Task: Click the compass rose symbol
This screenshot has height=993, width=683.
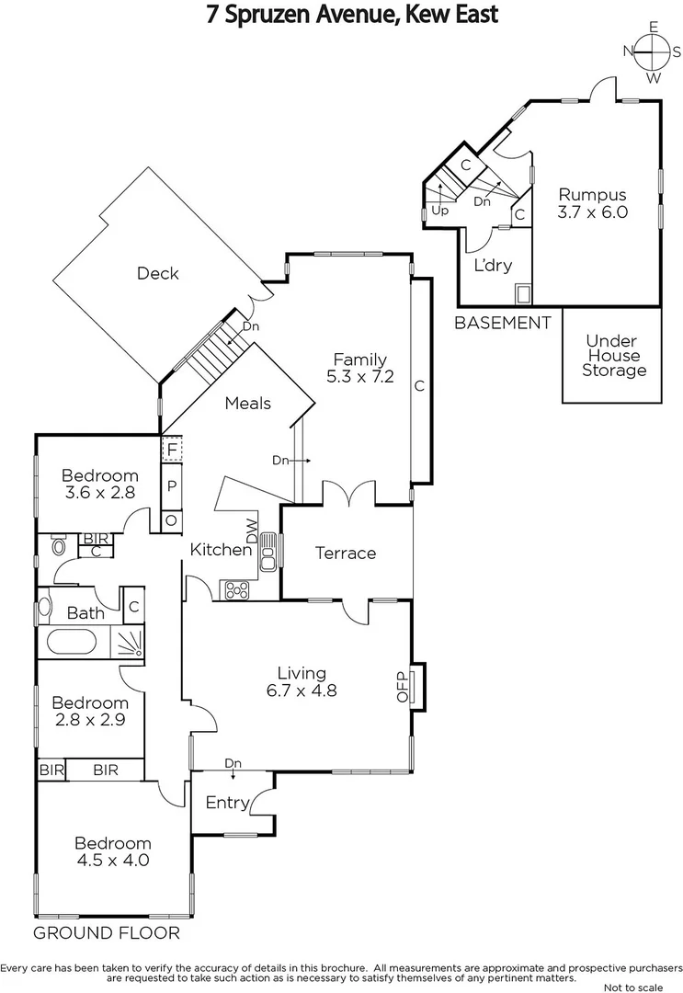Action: click(654, 52)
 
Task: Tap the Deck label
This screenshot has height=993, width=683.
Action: click(157, 273)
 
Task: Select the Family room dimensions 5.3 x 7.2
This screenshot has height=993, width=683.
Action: click(359, 375)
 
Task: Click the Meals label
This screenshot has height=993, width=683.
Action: click(247, 403)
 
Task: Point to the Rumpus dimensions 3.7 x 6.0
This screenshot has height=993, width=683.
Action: click(593, 211)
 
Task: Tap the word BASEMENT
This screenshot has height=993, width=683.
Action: click(503, 323)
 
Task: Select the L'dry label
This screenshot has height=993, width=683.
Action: click(493, 266)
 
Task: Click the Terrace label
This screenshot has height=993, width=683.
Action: click(346, 553)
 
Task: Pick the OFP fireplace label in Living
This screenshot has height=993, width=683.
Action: click(402, 686)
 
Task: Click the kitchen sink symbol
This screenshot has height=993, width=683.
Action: click(269, 553)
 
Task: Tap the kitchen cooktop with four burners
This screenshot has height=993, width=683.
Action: click(234, 588)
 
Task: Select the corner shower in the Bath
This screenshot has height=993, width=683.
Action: click(128, 642)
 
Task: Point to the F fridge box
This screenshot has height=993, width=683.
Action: click(171, 450)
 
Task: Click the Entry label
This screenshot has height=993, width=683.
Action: click(227, 803)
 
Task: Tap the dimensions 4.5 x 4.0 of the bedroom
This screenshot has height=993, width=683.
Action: click(112, 861)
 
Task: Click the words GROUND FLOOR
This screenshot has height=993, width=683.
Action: click(106, 933)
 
